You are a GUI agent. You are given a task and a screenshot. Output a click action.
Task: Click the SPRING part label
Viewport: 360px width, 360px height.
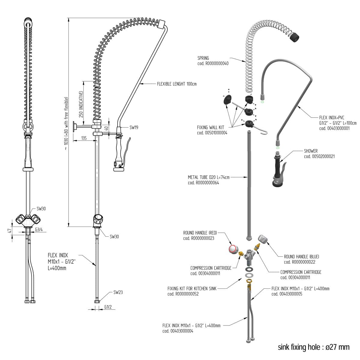[x=203, y=58]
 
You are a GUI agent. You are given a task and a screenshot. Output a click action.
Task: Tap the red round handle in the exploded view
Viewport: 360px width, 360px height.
[x=233, y=249]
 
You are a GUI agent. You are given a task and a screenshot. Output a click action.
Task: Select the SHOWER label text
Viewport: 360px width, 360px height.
[x=310, y=151]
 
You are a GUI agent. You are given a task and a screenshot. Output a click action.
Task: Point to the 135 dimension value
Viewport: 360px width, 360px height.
[x=84, y=138]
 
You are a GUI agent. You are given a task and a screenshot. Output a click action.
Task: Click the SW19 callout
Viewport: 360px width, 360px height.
[x=134, y=127]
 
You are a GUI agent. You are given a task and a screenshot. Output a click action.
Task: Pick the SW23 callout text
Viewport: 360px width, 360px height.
[x=118, y=292]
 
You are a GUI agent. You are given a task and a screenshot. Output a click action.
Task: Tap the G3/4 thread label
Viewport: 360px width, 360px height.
[x=39, y=229]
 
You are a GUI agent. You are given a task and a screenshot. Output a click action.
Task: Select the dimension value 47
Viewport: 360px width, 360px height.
[x=9, y=231]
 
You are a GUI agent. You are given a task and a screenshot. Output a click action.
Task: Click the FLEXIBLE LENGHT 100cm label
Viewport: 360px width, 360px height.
[x=177, y=84]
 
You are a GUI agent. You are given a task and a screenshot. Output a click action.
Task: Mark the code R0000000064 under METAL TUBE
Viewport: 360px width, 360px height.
[x=203, y=183]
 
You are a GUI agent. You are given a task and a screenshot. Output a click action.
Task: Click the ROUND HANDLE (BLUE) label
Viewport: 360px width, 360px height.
[x=301, y=256]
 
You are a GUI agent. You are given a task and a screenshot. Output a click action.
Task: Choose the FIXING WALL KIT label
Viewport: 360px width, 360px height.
[x=211, y=127]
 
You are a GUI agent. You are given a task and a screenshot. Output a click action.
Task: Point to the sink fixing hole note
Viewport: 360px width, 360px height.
[x=313, y=347]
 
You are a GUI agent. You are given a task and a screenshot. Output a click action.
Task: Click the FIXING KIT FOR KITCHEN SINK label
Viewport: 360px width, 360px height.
[x=192, y=289]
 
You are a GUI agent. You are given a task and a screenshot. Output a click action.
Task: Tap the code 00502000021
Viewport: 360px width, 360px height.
[x=319, y=156]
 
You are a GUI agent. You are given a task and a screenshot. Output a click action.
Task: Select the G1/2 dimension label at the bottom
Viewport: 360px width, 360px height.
[x=108, y=307]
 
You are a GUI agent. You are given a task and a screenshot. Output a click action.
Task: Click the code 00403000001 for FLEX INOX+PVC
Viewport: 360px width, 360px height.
[x=334, y=128]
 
